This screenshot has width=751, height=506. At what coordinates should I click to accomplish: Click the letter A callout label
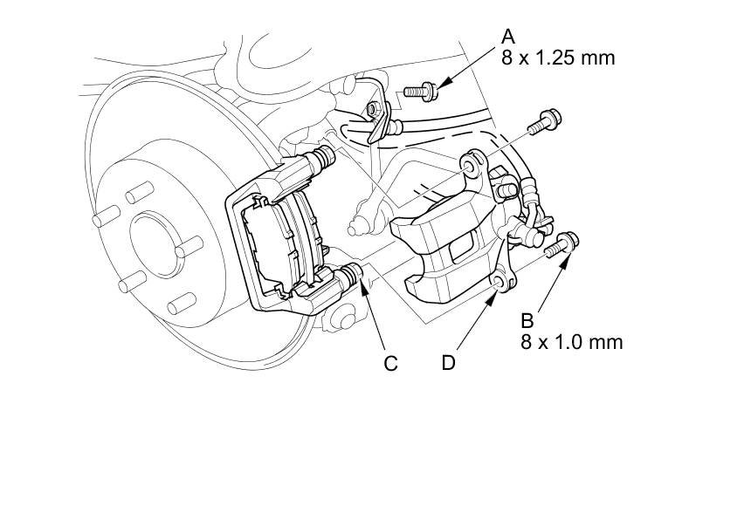(508, 37)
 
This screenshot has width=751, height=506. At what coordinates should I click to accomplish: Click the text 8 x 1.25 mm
(558, 58)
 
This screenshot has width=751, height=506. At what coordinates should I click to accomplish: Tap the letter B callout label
(527, 321)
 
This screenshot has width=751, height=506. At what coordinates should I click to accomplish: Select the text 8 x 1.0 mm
(572, 342)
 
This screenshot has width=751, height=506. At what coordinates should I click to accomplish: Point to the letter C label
(391, 364)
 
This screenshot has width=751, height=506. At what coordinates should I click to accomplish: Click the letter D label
(448, 363)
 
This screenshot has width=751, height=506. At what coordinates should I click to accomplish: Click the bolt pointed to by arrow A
(421, 91)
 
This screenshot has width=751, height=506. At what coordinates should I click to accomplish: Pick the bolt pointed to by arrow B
(562, 244)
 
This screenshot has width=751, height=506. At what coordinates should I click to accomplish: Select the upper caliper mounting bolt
(545, 121)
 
